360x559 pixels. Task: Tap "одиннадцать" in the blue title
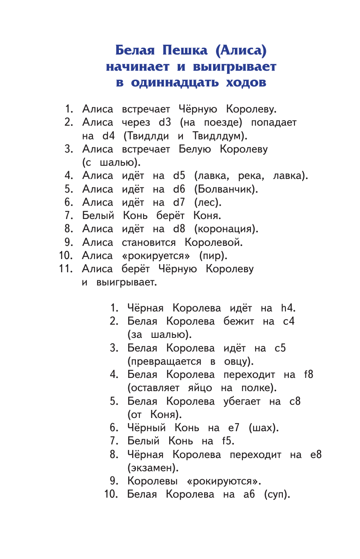click(x=172, y=82)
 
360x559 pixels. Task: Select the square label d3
click(x=165, y=123)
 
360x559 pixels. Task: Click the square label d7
click(x=179, y=202)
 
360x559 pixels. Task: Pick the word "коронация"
click(x=225, y=229)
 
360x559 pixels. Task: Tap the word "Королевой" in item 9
click(x=213, y=243)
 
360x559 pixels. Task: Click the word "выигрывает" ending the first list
click(x=127, y=283)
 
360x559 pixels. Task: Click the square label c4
click(x=289, y=322)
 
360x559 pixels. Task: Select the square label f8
click(x=308, y=375)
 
